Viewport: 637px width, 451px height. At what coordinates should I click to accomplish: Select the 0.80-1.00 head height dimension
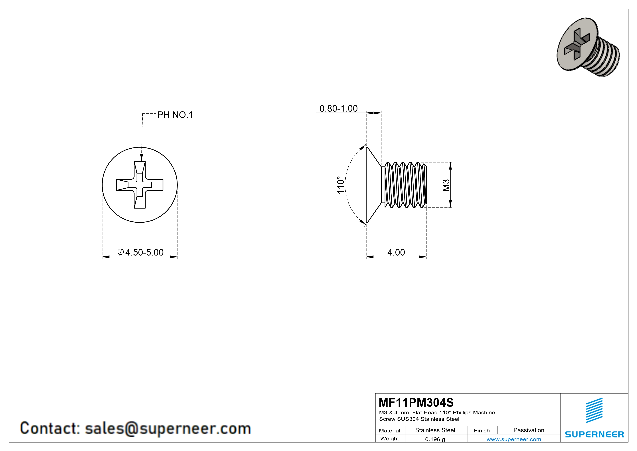coord(338,108)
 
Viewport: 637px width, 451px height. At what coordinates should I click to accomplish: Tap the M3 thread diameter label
coord(446,185)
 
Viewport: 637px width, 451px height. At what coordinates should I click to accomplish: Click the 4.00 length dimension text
coord(396,252)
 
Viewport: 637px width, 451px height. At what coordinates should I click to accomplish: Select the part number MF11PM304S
coord(416,402)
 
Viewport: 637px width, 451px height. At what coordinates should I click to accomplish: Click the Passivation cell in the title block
coord(529,430)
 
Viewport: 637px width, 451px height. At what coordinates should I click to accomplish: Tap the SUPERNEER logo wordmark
coord(594,434)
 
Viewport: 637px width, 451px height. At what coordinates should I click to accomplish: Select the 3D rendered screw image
coord(588,47)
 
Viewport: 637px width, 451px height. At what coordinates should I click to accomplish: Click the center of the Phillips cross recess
coord(139,185)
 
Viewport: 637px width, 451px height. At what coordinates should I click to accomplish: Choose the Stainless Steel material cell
coord(435,430)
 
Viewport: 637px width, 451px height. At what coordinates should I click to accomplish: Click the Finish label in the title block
coord(482,430)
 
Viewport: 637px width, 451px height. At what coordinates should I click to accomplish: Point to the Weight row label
coord(390,438)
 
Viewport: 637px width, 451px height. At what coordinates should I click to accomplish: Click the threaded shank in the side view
coord(405,185)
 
